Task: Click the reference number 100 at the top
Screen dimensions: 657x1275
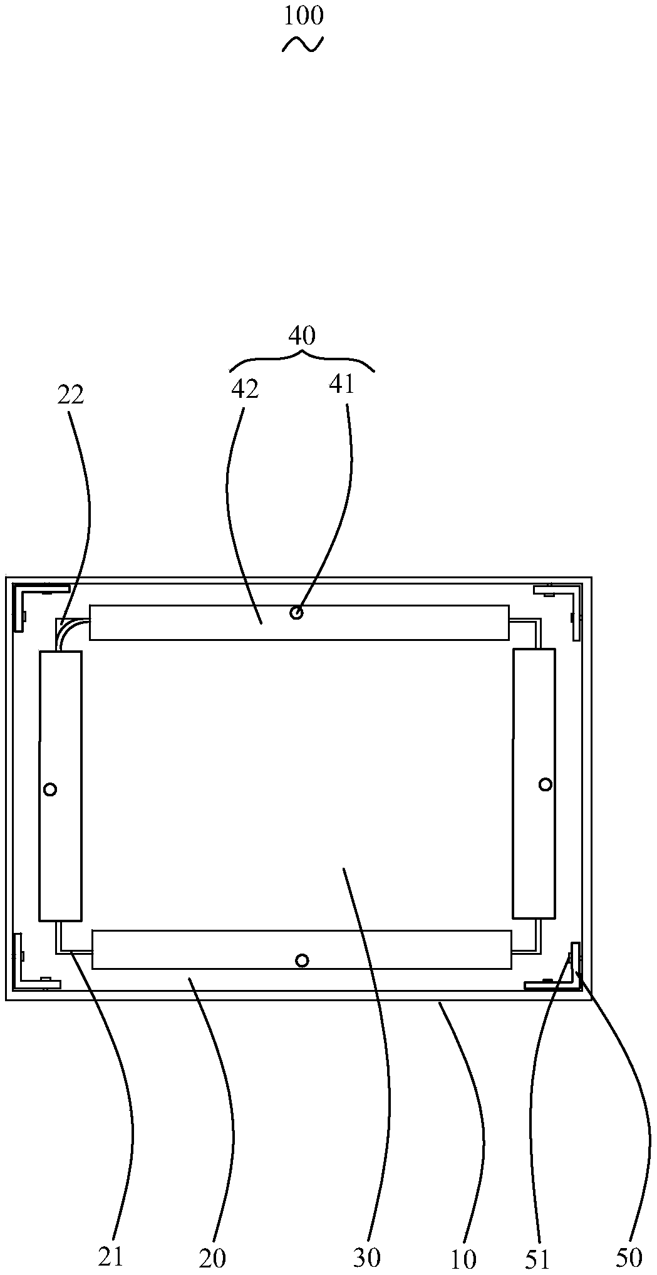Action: (x=304, y=16)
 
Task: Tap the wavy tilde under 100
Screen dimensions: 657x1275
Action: (x=303, y=44)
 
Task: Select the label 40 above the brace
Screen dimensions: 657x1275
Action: (x=302, y=336)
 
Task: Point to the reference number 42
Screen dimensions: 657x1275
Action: (x=245, y=389)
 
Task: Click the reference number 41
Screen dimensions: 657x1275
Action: (x=342, y=384)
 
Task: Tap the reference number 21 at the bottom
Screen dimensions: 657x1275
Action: (x=111, y=1255)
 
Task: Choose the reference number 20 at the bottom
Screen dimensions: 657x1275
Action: (x=212, y=1256)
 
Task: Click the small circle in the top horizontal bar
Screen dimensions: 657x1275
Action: (x=297, y=613)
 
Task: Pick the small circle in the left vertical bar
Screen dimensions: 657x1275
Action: (x=50, y=789)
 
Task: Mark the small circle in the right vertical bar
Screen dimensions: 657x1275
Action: (x=546, y=784)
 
